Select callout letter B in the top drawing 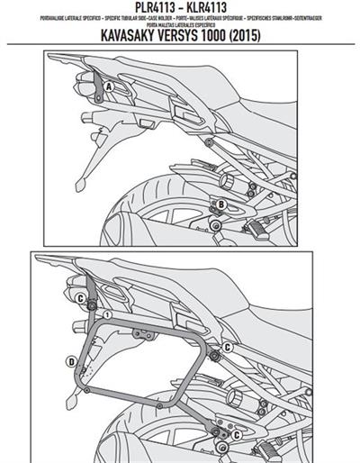coord(219,206)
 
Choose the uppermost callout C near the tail coord(80,298)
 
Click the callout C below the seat coord(228,346)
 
